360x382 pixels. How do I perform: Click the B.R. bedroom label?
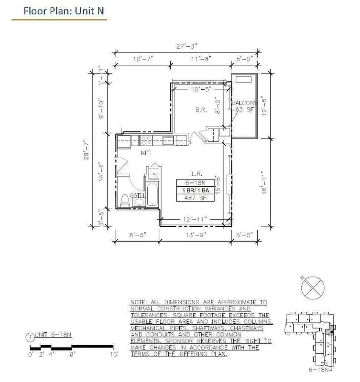[201, 110]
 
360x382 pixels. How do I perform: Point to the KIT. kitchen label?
[146, 153]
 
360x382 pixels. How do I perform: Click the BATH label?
[138, 195]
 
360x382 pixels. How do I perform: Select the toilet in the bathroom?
[124, 201]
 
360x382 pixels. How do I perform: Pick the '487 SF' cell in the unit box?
[193, 198]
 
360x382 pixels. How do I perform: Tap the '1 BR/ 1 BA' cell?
[193, 190]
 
